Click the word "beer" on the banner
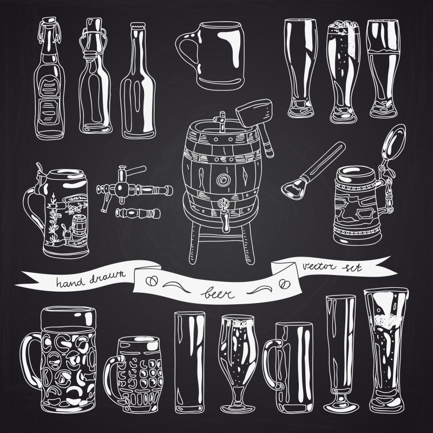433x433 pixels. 218,293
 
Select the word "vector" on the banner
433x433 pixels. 319,266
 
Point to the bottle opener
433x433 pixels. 312,171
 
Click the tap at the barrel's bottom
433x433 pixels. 224,214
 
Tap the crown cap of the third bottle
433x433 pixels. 138,25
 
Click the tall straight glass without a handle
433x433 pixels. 190,362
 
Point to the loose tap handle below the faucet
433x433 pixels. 137,213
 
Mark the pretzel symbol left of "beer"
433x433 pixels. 152,281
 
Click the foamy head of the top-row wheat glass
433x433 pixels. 344,27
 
